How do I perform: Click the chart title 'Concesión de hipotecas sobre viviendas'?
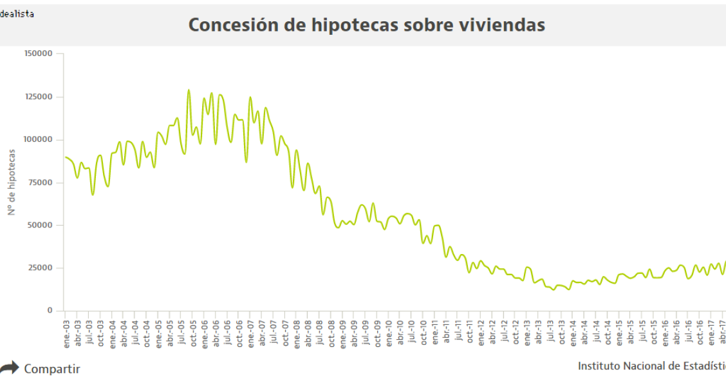366,24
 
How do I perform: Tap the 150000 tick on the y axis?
38,54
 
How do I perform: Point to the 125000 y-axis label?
38,97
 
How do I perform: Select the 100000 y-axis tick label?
38,139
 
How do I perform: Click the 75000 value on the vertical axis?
40,182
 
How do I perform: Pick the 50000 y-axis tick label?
40,225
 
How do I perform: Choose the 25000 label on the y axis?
40,268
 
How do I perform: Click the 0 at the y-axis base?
49,311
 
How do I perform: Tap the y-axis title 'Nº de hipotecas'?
12,182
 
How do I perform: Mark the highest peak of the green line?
189,90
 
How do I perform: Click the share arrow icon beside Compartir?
9,368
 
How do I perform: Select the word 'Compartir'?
52,369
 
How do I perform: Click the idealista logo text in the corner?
17,14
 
